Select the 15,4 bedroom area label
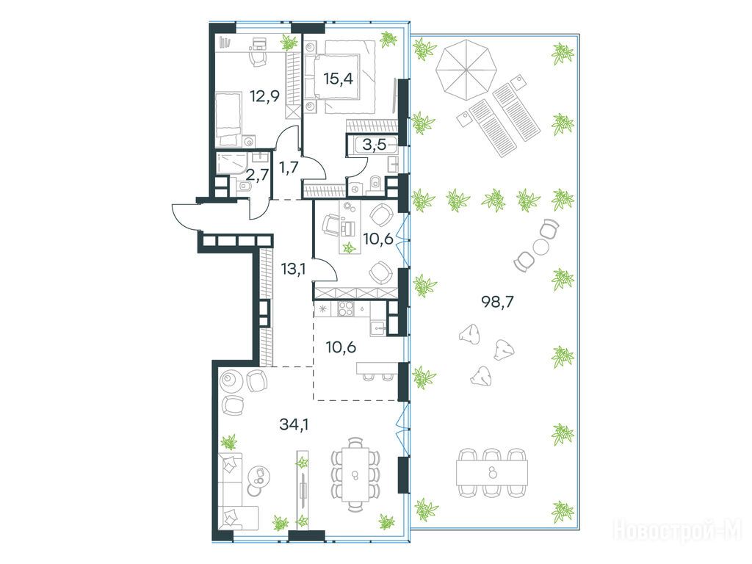point(338,78)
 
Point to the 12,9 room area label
point(264,97)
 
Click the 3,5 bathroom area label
point(375,145)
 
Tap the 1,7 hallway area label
point(289,168)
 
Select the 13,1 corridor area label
point(294,270)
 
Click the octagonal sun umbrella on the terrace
point(466,70)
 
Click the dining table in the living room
point(355,474)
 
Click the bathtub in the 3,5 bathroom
point(372,144)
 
